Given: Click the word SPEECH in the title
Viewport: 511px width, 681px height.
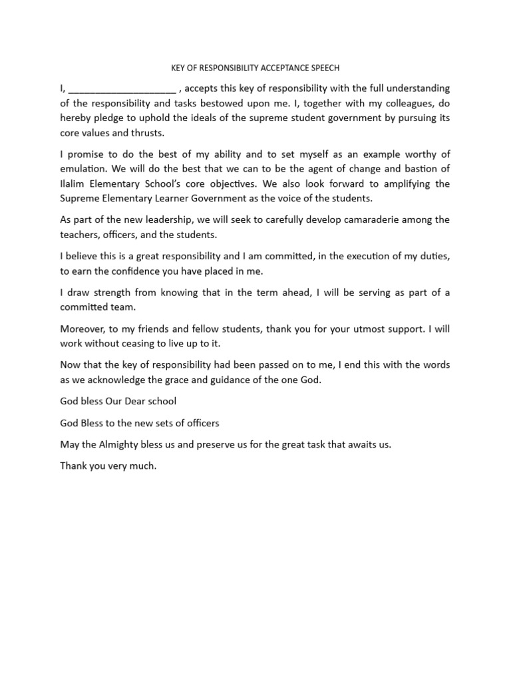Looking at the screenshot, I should pyautogui.click(x=326, y=67).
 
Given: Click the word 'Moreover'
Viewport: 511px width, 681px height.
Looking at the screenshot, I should pyautogui.click(x=83, y=328).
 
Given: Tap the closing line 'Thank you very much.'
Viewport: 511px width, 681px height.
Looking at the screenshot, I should pyautogui.click(x=108, y=466).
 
